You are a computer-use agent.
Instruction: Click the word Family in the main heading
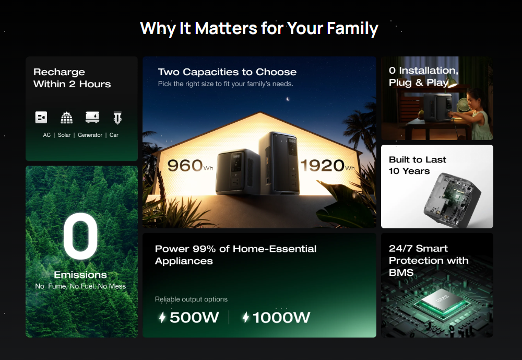click(x=352, y=28)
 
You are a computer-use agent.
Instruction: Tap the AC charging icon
click(x=41, y=118)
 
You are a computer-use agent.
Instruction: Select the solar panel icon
click(x=67, y=118)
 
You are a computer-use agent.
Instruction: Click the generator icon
click(x=92, y=118)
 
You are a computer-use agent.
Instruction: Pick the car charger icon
click(x=117, y=118)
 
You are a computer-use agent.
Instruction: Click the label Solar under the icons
click(x=64, y=135)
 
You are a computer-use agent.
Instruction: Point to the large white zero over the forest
click(x=80, y=236)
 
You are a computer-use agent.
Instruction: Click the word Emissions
click(x=80, y=275)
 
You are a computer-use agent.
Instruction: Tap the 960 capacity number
click(x=185, y=165)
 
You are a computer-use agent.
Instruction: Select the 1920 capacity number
click(x=322, y=165)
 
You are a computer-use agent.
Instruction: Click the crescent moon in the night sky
click(x=288, y=99)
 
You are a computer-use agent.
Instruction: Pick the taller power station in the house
click(x=279, y=163)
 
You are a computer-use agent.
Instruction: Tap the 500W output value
click(x=194, y=317)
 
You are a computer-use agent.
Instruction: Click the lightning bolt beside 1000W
click(x=246, y=317)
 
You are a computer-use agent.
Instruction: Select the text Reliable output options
click(x=191, y=299)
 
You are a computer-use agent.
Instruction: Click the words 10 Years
click(x=409, y=171)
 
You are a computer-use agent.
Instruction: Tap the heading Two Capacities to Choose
click(x=227, y=72)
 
